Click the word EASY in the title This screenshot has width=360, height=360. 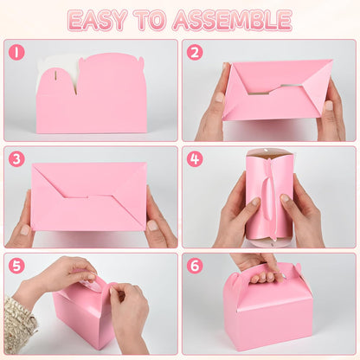pyautogui.click(x=98, y=20)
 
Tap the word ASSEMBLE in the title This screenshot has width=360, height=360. pyautogui.click(x=233, y=20)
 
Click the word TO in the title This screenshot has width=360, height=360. pyautogui.click(x=151, y=20)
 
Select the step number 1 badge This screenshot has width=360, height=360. pyautogui.click(x=16, y=52)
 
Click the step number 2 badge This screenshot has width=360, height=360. pyautogui.click(x=195, y=52)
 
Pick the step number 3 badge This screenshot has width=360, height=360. pyautogui.click(x=16, y=159)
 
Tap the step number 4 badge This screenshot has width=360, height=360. pyautogui.click(x=195, y=159)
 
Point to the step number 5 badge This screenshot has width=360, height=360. pyautogui.click(x=16, y=266)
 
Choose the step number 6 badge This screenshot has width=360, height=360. pyautogui.click(x=195, y=266)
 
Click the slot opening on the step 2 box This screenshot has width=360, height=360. pyautogui.click(x=274, y=89)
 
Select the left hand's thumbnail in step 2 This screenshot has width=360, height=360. pyautogui.click(x=220, y=97)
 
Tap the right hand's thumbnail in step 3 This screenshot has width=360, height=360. pyautogui.click(x=152, y=225)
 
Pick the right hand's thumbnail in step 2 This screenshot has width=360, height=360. pyautogui.click(x=329, y=106)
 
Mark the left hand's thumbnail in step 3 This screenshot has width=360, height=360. pyautogui.click(x=25, y=230)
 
